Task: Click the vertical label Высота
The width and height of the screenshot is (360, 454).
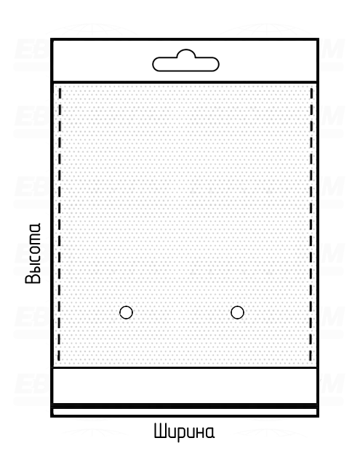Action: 33,253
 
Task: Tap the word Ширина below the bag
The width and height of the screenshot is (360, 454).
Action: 184,431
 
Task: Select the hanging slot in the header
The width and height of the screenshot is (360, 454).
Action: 185,60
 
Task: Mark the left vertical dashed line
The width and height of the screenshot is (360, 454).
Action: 60,224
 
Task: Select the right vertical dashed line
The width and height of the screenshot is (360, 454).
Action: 311,224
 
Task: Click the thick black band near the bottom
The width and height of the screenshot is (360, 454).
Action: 185,406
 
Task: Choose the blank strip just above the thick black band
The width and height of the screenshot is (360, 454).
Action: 185,386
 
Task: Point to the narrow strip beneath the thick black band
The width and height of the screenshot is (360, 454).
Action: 185,412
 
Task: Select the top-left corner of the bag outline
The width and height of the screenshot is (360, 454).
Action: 52,39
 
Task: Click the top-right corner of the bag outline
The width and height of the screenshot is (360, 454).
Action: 318,39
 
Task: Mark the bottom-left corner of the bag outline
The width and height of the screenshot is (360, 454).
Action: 52,416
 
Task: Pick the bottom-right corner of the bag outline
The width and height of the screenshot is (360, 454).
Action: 318,416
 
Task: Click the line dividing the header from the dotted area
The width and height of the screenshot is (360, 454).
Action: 185,82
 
